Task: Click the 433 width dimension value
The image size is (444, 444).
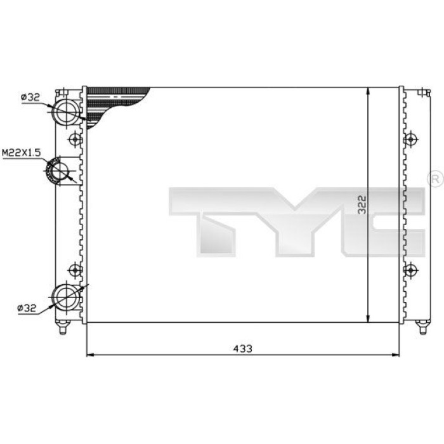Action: click(243, 348)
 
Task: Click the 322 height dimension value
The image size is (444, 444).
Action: click(362, 205)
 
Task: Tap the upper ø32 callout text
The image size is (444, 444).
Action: click(30, 98)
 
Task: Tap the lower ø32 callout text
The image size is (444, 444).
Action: click(27, 308)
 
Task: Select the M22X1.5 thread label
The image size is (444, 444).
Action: click(22, 153)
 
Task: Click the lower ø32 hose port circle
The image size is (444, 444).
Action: click(67, 297)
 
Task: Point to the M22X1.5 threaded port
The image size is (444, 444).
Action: click(58, 171)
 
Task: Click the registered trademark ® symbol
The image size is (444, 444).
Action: click(436, 179)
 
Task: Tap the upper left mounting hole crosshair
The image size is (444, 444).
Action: click(75, 139)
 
